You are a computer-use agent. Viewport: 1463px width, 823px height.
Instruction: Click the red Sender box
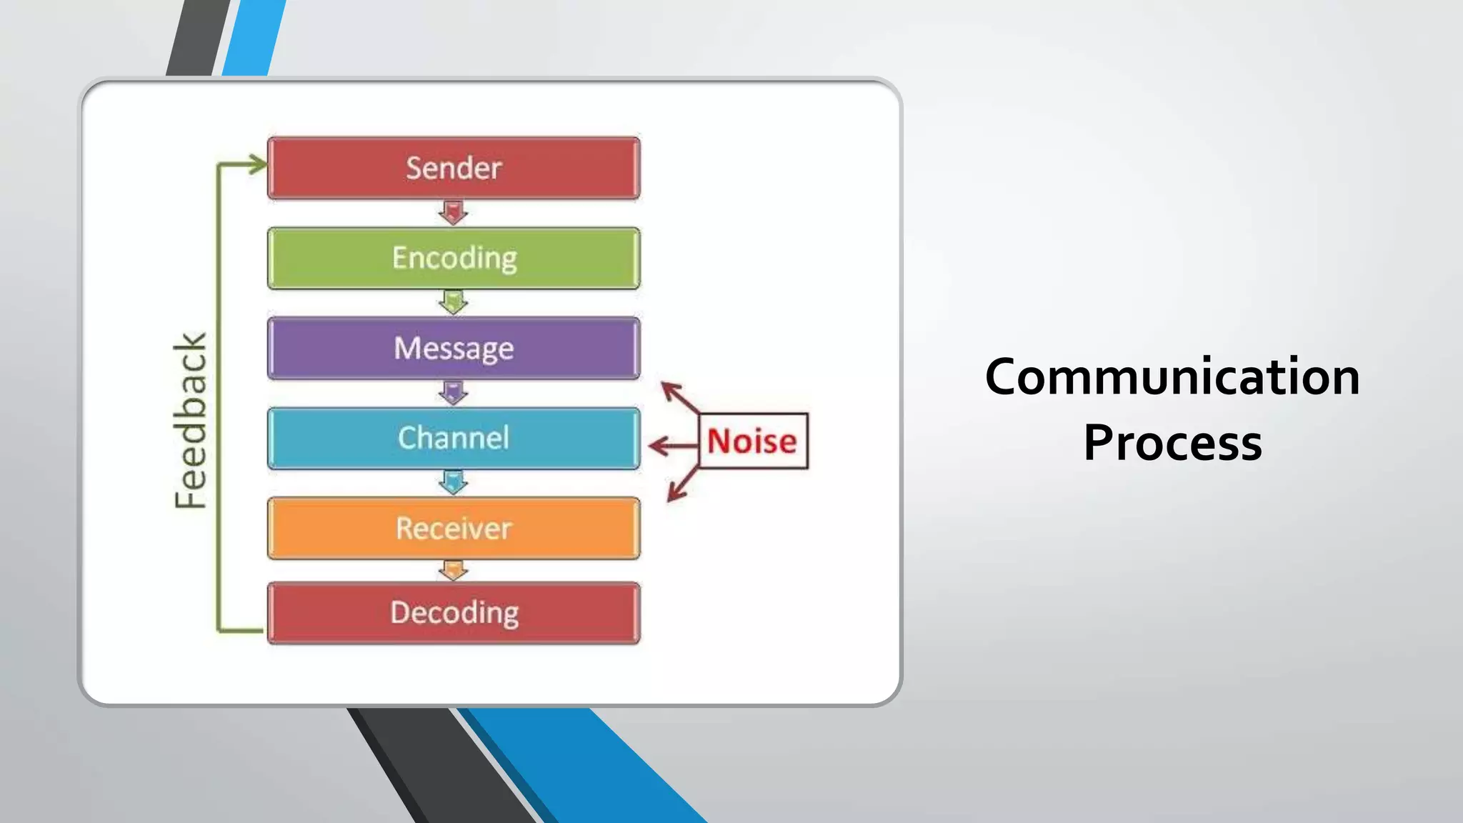click(x=454, y=168)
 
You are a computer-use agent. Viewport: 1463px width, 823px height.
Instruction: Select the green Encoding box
click(x=454, y=258)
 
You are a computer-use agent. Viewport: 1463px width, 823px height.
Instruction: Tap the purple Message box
click(x=454, y=348)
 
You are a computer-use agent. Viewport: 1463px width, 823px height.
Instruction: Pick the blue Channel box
click(x=454, y=438)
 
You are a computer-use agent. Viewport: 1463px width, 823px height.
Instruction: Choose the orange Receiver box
click(x=454, y=528)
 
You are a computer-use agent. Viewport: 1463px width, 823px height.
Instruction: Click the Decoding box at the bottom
click(x=454, y=613)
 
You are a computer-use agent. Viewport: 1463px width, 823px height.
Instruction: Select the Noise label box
click(x=753, y=441)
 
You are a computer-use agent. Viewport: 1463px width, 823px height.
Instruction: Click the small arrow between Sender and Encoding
click(x=453, y=213)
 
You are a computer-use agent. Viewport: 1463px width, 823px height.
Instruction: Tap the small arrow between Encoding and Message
click(x=453, y=302)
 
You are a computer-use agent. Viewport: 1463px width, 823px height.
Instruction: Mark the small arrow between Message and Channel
click(x=453, y=392)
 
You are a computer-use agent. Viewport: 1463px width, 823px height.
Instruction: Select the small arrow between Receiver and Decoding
click(x=453, y=570)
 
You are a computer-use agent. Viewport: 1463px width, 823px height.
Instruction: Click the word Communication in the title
click(x=1172, y=376)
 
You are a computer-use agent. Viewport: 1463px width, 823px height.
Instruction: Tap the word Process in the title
click(x=1172, y=443)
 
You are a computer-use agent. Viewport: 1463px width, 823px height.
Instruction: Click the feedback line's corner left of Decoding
click(x=219, y=630)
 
